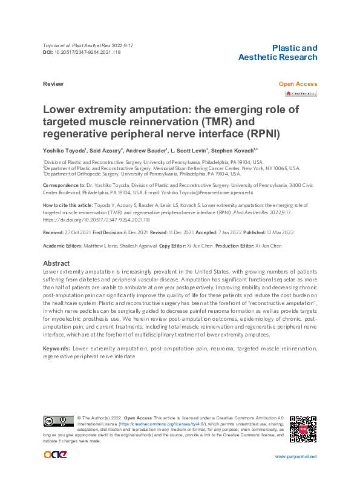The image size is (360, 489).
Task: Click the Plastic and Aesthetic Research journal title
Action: pyautogui.click(x=278, y=53)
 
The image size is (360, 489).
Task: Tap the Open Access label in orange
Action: pyautogui.click(x=298, y=84)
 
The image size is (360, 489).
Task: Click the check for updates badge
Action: pyautogui.click(x=301, y=94)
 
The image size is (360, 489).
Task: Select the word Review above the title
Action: pyautogui.click(x=52, y=84)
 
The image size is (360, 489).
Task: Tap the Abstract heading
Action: pyautogui.click(x=56, y=263)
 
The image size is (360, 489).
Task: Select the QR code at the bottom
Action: pyautogui.click(x=303, y=429)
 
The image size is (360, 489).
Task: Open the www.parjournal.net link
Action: pyautogui.click(x=296, y=457)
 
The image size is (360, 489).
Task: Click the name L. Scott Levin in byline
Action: pyautogui.click(x=189, y=149)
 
